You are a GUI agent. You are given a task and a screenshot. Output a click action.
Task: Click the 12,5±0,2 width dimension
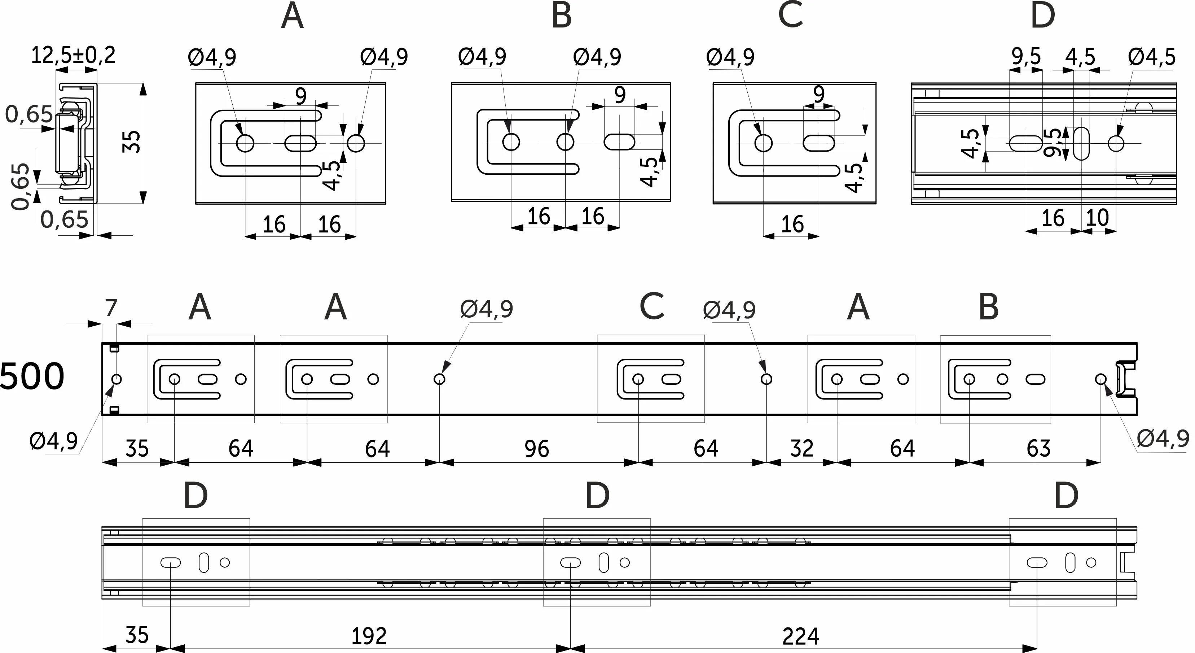click(73, 56)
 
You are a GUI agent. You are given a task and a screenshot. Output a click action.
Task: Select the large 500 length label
click(31, 377)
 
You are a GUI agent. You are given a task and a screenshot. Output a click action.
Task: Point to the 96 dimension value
click(537, 449)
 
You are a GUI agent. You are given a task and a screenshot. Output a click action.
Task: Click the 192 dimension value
click(369, 636)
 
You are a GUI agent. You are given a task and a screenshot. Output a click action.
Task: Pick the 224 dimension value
click(800, 636)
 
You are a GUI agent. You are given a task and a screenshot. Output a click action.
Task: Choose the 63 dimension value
click(1038, 449)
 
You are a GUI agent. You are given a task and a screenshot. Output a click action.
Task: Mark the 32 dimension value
click(801, 449)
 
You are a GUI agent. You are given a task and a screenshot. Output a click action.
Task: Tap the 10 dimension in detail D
click(1097, 218)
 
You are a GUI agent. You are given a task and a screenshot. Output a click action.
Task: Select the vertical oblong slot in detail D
click(1082, 143)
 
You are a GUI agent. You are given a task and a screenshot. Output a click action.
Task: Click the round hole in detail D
click(1116, 143)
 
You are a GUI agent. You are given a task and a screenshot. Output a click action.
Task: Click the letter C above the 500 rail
click(651, 307)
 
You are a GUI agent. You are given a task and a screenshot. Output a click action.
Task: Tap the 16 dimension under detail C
click(792, 225)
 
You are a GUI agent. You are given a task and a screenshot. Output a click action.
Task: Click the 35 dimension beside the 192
click(137, 635)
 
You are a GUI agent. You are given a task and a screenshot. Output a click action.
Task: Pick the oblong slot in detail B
click(619, 142)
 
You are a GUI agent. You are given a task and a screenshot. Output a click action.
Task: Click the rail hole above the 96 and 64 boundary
click(638, 379)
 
